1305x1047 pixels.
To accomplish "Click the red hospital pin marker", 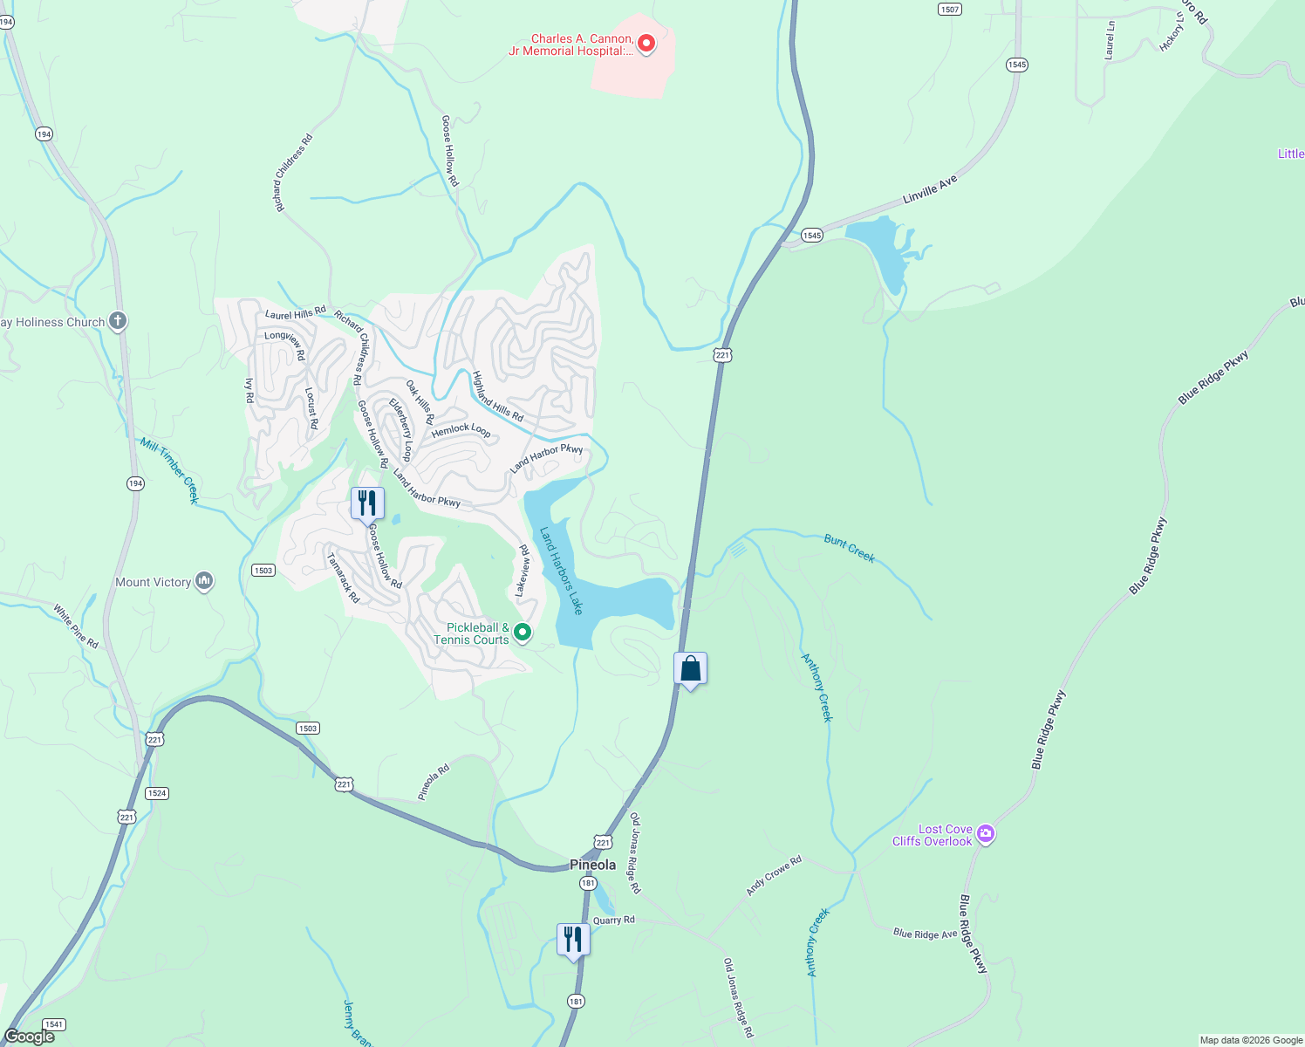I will coord(646,43).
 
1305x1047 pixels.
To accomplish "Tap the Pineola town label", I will coord(592,865).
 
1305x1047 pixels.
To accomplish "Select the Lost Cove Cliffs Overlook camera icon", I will coord(986,834).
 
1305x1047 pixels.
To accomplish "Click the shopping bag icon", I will coord(690,670).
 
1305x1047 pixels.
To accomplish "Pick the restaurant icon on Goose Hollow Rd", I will coord(367,503).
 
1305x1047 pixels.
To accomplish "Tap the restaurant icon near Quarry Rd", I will coord(573,940).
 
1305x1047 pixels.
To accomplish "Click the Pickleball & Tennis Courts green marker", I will coord(523,632).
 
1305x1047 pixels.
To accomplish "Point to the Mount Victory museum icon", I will coord(204,581).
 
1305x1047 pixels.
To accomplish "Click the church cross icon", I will coord(118,321).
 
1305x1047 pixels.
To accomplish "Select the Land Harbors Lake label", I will coord(561,571).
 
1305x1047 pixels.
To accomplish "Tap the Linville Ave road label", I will coord(930,189).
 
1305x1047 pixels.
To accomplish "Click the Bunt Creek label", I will coord(849,548).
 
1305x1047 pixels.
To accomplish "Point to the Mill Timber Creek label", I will coord(170,470).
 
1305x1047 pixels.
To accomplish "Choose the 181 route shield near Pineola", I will coord(588,883).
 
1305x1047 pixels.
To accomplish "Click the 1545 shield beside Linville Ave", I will coord(811,235).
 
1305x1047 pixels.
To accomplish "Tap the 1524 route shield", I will coord(156,793).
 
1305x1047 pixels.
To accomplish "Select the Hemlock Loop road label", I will coord(461,429).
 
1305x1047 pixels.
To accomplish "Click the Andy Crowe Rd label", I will coord(774,876).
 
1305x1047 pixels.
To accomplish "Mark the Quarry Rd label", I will coord(614,920).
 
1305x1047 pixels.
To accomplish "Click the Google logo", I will coord(30,1037).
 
